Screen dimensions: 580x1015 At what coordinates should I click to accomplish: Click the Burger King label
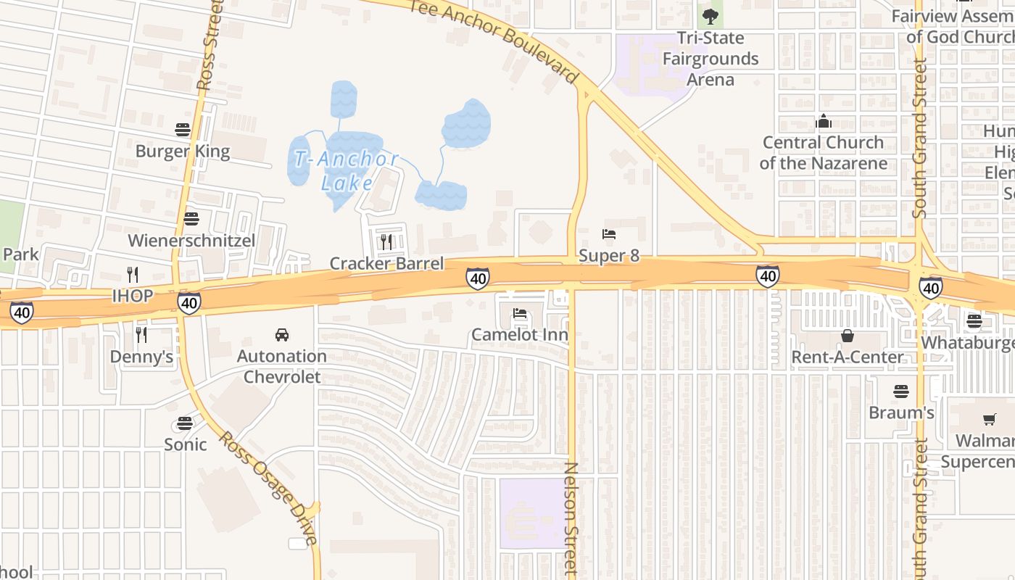click(183, 151)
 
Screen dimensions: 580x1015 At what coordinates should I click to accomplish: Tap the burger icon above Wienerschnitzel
click(191, 218)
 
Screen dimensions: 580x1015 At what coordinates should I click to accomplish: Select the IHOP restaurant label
click(133, 296)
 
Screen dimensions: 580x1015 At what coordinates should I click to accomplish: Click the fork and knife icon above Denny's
click(141, 334)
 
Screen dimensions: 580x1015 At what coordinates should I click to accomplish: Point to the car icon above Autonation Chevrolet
click(282, 334)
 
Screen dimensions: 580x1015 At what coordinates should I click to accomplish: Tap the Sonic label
click(186, 444)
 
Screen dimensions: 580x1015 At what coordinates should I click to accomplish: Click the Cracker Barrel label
click(386, 263)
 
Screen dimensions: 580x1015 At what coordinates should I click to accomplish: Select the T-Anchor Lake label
click(347, 170)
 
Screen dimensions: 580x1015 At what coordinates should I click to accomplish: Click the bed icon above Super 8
click(609, 234)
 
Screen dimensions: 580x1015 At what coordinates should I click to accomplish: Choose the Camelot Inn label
click(519, 334)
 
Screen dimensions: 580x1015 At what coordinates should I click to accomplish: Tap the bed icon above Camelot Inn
click(519, 314)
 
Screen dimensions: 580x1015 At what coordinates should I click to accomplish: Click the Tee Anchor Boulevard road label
click(496, 40)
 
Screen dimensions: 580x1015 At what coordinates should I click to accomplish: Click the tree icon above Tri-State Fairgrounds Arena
click(710, 16)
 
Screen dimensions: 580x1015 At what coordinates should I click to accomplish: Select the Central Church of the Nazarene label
click(823, 152)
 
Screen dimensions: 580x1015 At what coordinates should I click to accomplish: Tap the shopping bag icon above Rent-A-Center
click(847, 335)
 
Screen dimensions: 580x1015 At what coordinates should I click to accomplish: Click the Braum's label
click(901, 412)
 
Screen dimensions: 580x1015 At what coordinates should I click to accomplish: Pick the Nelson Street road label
click(571, 518)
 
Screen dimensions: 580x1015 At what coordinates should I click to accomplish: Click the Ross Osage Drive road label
click(269, 488)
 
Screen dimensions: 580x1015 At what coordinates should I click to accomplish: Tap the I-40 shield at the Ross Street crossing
click(189, 302)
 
